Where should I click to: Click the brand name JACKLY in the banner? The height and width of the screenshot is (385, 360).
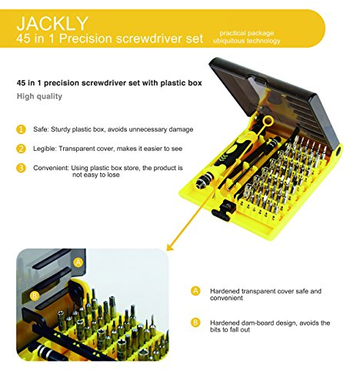point(52,23)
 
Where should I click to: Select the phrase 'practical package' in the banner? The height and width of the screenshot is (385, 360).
point(246,33)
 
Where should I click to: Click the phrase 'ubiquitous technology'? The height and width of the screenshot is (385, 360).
point(246,41)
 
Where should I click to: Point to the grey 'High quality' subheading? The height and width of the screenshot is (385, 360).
point(39,96)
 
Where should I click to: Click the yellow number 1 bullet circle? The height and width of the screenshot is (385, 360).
point(21,129)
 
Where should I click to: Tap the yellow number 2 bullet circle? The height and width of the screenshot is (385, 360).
point(21,149)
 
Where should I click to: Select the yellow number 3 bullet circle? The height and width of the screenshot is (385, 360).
point(21,168)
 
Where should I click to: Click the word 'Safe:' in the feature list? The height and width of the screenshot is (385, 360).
point(41,129)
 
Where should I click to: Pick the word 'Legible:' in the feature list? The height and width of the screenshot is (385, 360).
point(45,149)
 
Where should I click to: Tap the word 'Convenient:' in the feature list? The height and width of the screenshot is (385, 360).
point(51,168)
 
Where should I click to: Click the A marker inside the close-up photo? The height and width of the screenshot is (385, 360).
point(78,263)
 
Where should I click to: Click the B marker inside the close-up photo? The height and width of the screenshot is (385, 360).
point(34,296)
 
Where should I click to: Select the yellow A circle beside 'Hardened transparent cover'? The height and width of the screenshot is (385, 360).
point(195,291)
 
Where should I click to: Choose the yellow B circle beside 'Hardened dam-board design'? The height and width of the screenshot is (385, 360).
point(195,323)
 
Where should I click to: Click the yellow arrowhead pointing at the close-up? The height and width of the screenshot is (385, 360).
point(170,246)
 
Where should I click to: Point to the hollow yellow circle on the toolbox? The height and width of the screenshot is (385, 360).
point(268,121)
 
